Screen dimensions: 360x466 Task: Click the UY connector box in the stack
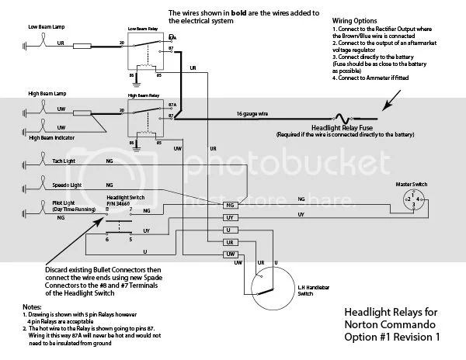[229, 218]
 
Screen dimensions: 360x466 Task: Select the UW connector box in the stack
[229, 254]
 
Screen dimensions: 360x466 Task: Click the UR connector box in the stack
[229, 242]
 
